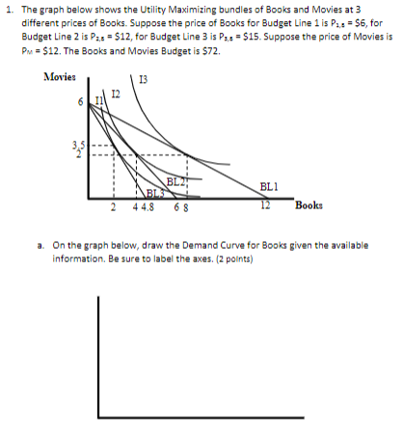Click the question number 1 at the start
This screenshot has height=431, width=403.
(x=8, y=10)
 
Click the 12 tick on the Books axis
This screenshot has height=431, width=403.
(x=262, y=205)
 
